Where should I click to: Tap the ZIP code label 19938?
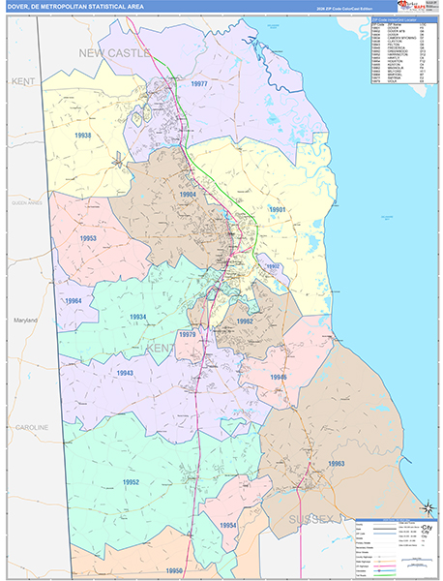coord(80,137)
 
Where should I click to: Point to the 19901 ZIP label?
coord(279,209)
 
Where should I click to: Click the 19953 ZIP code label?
coord(88,238)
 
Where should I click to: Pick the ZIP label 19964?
coord(74,301)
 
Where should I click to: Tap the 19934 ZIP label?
coord(139,317)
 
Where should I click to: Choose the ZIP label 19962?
coord(245,321)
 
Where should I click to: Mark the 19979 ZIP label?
coord(188,334)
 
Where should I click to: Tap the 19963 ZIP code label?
coord(336,464)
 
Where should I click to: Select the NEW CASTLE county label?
coord(115,53)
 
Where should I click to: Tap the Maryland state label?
coord(24,320)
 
